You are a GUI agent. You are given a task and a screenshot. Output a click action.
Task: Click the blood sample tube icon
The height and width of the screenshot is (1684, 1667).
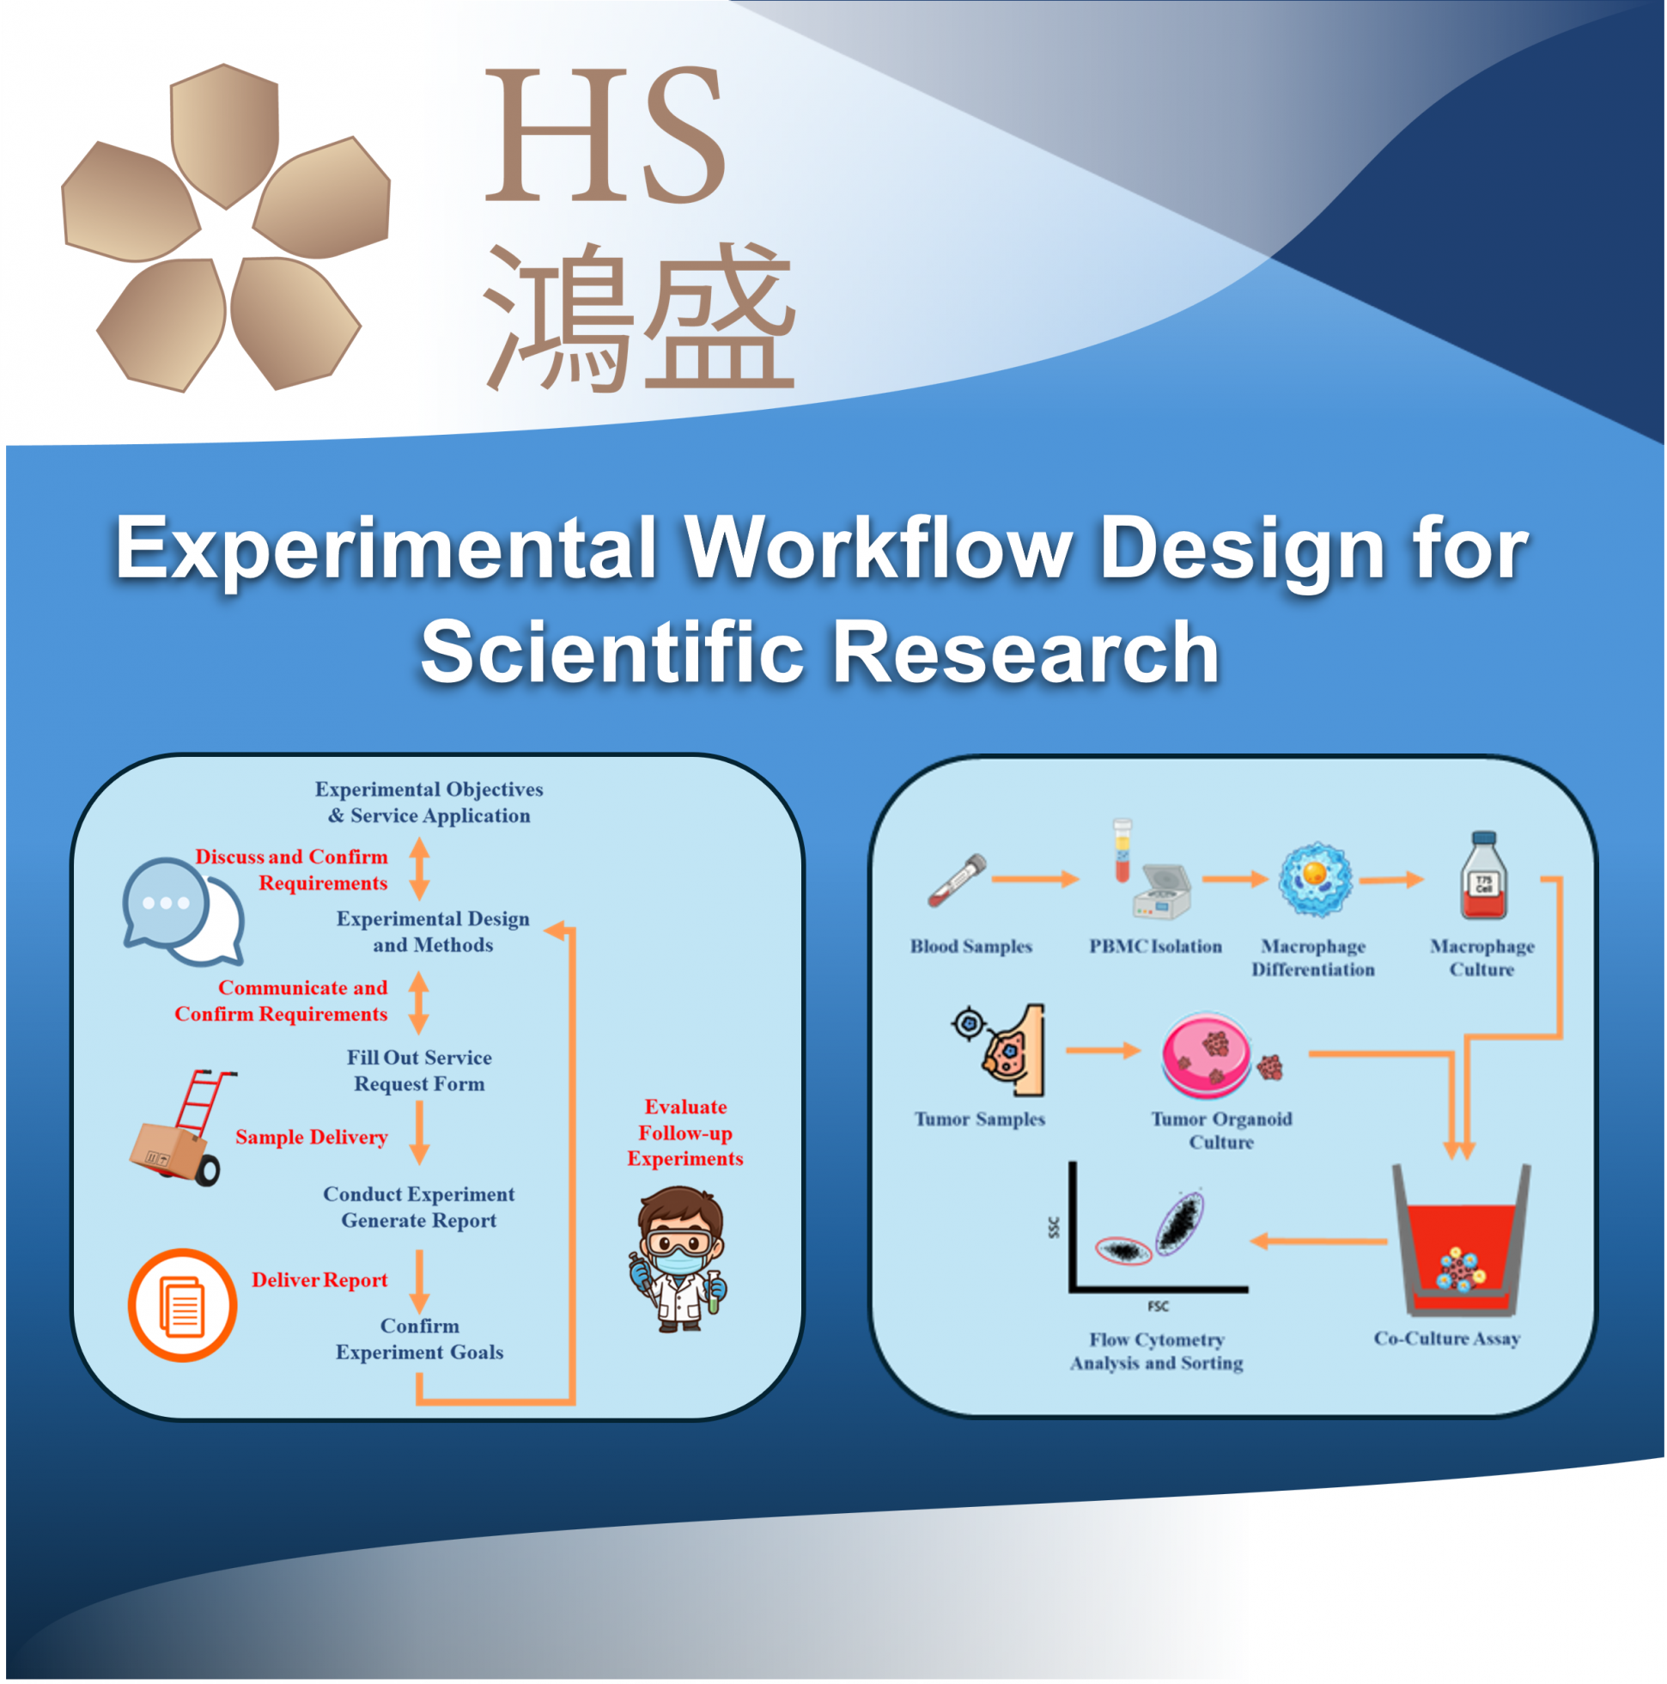point(957,881)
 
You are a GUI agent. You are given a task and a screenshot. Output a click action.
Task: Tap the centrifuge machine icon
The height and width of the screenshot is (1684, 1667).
point(1163,893)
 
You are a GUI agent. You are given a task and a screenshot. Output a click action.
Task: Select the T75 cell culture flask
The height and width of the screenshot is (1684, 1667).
point(1484,876)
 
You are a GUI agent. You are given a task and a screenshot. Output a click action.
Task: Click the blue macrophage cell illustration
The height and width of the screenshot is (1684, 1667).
point(1316,879)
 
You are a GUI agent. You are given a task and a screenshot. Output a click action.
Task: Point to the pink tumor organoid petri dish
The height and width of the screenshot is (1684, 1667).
point(1207,1056)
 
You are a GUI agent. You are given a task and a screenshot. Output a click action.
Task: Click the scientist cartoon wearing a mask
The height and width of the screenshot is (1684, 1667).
point(678,1260)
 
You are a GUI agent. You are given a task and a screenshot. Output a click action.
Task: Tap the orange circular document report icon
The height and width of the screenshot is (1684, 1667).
point(183,1306)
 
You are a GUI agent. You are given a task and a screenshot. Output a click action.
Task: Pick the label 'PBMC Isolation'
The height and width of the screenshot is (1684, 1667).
point(1155,947)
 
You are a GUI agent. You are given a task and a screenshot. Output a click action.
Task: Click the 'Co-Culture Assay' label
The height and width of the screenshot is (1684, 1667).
point(1446,1339)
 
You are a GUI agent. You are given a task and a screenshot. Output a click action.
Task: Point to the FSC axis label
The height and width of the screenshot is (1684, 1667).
point(1158,1307)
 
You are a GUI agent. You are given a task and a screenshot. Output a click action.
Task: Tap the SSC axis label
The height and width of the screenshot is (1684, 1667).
point(1055,1228)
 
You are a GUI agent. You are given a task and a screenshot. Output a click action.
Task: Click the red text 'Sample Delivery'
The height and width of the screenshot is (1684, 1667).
point(311,1138)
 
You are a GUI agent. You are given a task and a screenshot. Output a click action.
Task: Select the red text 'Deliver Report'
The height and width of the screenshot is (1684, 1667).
point(319,1280)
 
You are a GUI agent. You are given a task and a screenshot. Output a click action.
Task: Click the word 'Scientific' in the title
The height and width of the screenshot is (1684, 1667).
point(611,653)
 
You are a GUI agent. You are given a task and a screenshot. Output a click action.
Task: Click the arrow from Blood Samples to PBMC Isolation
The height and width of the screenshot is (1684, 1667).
point(1035,880)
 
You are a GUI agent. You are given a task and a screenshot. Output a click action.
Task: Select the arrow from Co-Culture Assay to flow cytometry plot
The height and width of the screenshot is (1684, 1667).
point(1317,1242)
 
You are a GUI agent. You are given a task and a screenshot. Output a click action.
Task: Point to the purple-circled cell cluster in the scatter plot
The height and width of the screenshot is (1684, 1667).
point(1179,1222)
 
